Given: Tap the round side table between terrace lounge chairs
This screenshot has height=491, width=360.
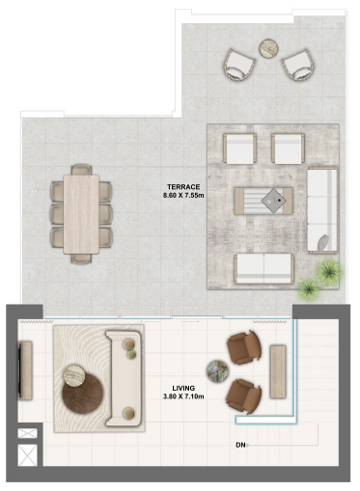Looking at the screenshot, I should pos(267,47).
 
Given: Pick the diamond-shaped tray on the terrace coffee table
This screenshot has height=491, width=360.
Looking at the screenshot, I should pos(277,200).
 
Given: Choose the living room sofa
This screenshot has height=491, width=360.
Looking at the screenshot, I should pos(124,376).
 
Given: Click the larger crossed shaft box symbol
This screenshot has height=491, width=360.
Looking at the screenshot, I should pos(26,456).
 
